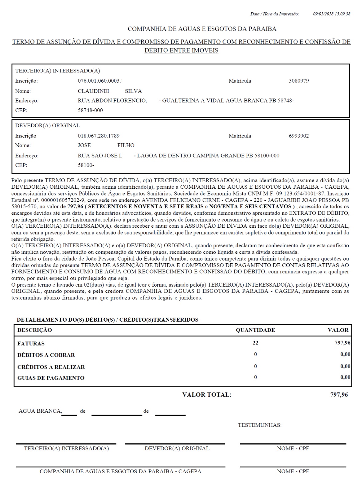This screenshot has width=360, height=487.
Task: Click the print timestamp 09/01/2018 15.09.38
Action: point(331,14)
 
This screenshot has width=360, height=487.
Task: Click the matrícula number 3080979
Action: point(299,81)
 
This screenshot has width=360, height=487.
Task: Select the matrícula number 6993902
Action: point(299,136)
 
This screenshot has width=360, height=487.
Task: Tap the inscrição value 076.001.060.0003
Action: point(99,81)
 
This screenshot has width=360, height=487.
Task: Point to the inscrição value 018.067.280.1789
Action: point(99,136)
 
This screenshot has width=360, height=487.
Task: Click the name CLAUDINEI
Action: point(93,91)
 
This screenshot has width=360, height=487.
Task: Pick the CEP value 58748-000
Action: point(90,110)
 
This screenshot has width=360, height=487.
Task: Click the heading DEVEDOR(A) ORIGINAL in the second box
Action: point(48,126)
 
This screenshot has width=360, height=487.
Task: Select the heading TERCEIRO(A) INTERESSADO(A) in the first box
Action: point(58,71)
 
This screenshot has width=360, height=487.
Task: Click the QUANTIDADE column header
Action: point(255,330)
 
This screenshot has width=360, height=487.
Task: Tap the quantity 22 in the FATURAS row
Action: point(256,343)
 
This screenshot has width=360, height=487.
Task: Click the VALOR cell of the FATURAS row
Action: point(342,343)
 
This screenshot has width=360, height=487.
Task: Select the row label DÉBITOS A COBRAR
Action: point(46,355)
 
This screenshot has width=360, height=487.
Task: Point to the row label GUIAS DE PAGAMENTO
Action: point(51,378)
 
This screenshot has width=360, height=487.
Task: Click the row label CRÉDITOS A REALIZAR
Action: point(51,367)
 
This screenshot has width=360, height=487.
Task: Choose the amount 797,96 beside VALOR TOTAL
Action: point(339,395)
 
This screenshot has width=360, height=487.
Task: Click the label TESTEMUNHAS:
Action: point(260,425)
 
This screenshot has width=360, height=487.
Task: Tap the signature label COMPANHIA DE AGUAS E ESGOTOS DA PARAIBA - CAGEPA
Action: point(120,471)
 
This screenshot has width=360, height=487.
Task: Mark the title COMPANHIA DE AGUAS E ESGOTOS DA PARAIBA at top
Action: point(202,29)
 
